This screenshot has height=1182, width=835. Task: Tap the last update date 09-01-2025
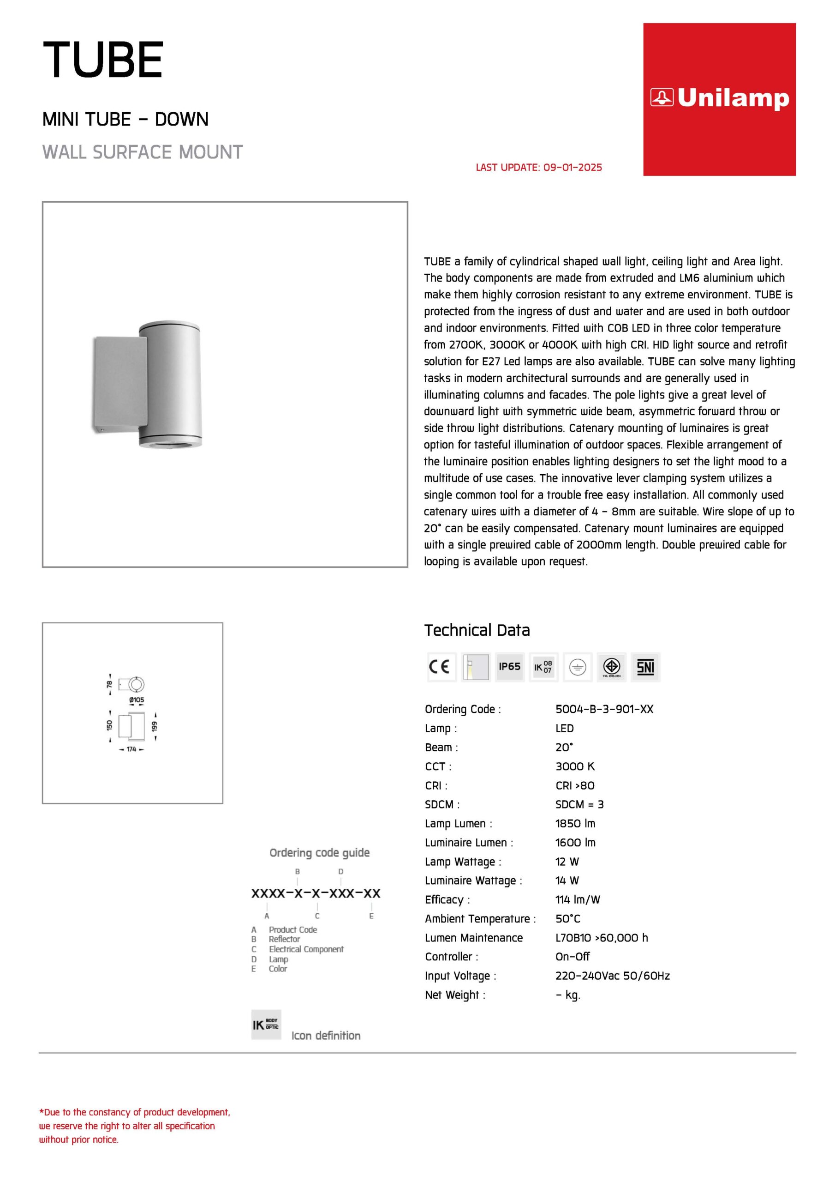572,167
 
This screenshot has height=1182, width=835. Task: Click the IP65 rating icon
509,667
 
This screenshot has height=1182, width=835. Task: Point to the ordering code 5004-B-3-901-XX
604,709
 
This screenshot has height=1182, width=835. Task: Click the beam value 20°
564,747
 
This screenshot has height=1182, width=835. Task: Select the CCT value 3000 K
575,766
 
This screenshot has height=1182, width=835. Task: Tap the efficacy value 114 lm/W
577,899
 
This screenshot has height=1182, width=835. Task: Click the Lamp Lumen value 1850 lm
575,823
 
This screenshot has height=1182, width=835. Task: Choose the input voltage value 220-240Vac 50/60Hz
612,976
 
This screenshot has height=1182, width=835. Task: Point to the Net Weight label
455,995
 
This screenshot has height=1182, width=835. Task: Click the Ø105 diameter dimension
137,700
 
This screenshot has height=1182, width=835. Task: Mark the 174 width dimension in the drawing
131,749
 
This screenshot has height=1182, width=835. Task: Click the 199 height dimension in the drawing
155,726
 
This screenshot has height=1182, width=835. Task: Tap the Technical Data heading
477,630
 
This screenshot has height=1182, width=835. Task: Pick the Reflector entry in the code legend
284,939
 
